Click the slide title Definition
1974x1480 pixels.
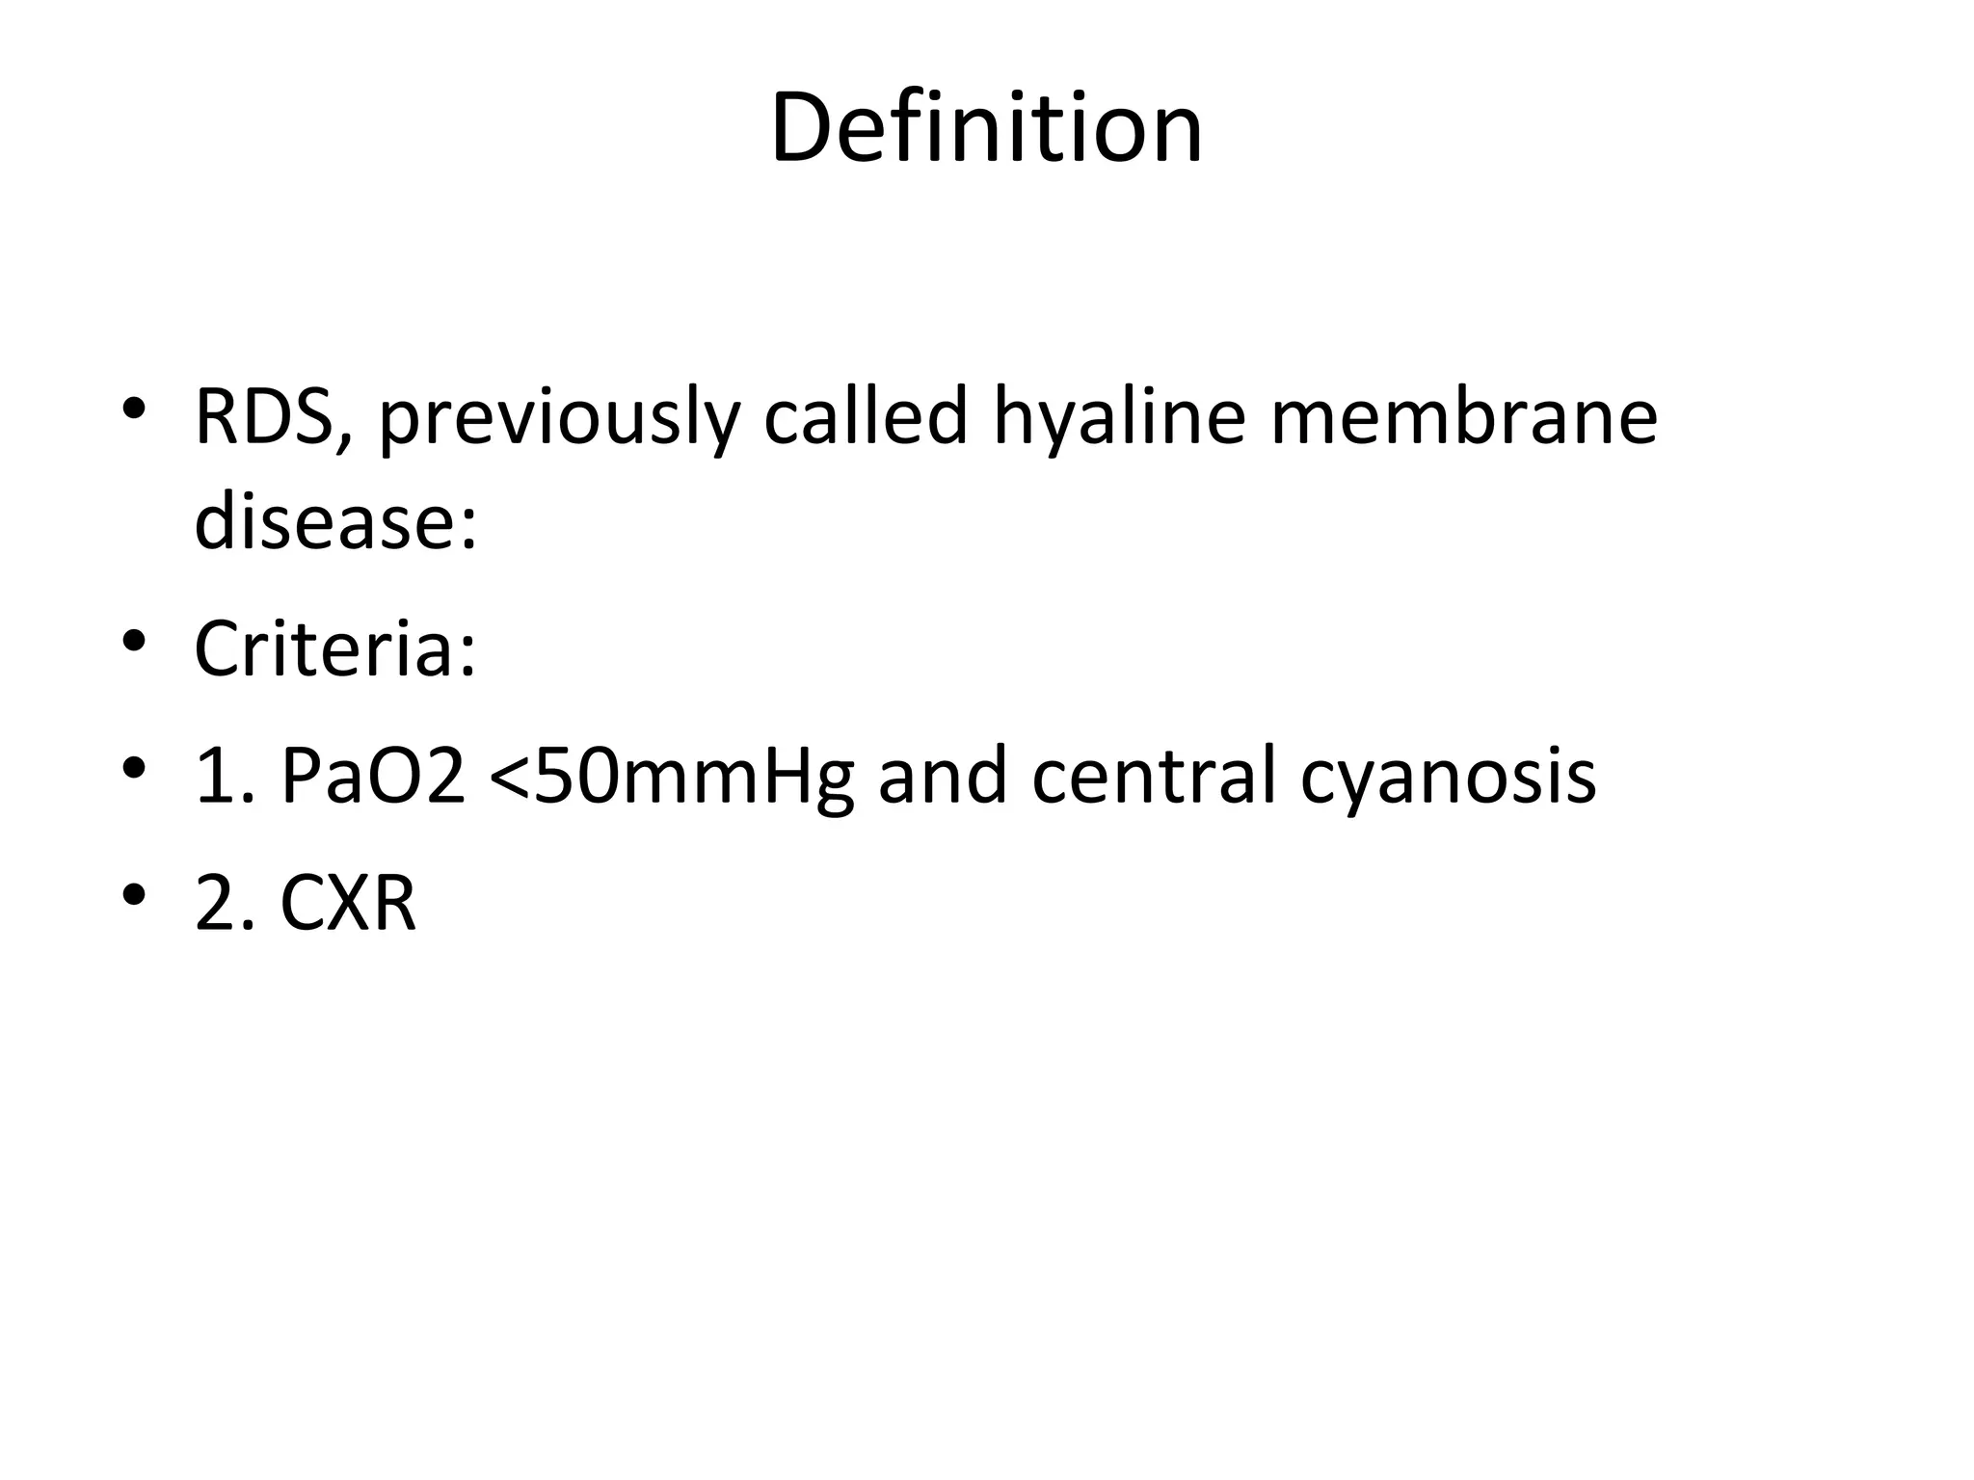coord(986,128)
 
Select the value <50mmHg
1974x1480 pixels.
coord(672,778)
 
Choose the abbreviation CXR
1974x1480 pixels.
coord(348,904)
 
